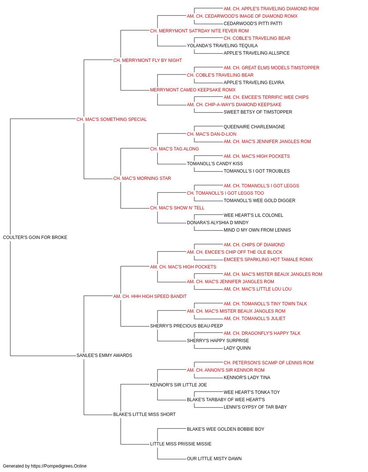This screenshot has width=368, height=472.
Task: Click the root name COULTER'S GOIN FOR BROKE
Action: pyautogui.click(x=35, y=237)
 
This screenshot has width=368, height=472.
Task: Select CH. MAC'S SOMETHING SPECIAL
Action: pyautogui.click(x=112, y=119)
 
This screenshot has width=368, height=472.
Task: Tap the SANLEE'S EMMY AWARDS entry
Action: pyautogui.click(x=104, y=355)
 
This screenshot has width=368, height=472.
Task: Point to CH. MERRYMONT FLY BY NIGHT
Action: pyautogui.click(x=147, y=60)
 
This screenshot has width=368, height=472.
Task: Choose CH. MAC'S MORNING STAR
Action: pyautogui.click(x=142, y=178)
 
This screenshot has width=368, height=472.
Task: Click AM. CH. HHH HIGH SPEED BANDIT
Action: pyautogui.click(x=150, y=296)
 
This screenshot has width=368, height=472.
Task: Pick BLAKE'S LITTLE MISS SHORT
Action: pyautogui.click(x=144, y=414)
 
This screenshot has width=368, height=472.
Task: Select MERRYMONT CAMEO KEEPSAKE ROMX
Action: pyautogui.click(x=193, y=90)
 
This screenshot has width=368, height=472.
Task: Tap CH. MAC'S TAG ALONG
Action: pyautogui.click(x=174, y=149)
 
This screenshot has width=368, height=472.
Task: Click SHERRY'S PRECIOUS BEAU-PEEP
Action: pyautogui.click(x=186, y=326)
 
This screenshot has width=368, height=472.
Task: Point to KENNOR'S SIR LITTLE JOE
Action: pyautogui.click(x=178, y=385)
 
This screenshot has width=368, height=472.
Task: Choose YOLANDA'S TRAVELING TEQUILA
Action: pyautogui.click(x=222, y=46)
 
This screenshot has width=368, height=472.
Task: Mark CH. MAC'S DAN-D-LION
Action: pyautogui.click(x=212, y=134)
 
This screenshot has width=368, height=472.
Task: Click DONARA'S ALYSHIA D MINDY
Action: pyautogui.click(x=217, y=223)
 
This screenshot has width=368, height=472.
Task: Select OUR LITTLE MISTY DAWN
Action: pyautogui.click(x=214, y=459)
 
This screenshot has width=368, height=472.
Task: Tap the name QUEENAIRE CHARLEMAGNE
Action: pyautogui.click(x=254, y=127)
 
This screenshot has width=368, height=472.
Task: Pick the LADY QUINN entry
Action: pyautogui.click(x=237, y=348)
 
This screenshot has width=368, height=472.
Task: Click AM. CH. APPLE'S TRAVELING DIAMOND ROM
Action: pyautogui.click(x=271, y=9)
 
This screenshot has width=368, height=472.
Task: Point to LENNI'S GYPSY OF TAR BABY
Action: pyautogui.click(x=255, y=407)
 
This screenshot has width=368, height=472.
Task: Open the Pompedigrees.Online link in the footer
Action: pyautogui.click(x=59, y=466)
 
